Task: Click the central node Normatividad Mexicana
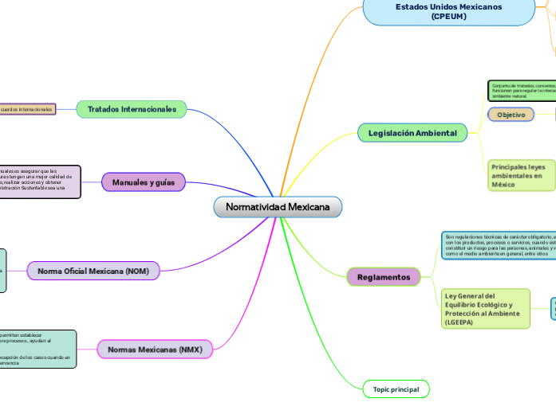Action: (278, 207)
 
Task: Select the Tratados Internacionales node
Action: (132, 109)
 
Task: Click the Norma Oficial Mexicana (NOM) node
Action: (93, 271)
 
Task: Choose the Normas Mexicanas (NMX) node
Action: (155, 350)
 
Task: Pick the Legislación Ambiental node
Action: (412, 133)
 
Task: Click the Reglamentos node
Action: (383, 277)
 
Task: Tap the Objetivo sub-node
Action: (511, 115)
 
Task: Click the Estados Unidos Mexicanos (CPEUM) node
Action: (449, 11)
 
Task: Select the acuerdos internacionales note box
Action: (27, 109)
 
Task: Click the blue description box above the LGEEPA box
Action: (499, 245)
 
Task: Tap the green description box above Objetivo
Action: (522, 90)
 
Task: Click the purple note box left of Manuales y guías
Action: (40, 182)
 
